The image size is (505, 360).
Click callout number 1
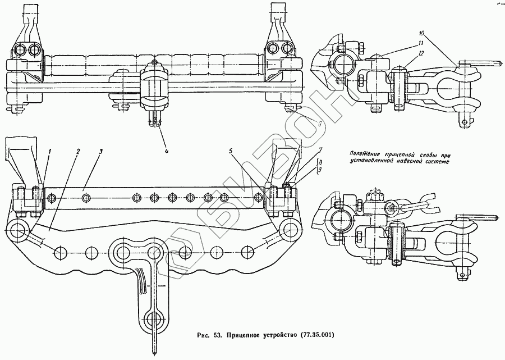tap(49, 151)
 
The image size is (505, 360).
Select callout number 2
tap(79, 151)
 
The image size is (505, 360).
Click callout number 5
tap(231, 151)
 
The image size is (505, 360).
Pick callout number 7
tap(320, 151)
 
